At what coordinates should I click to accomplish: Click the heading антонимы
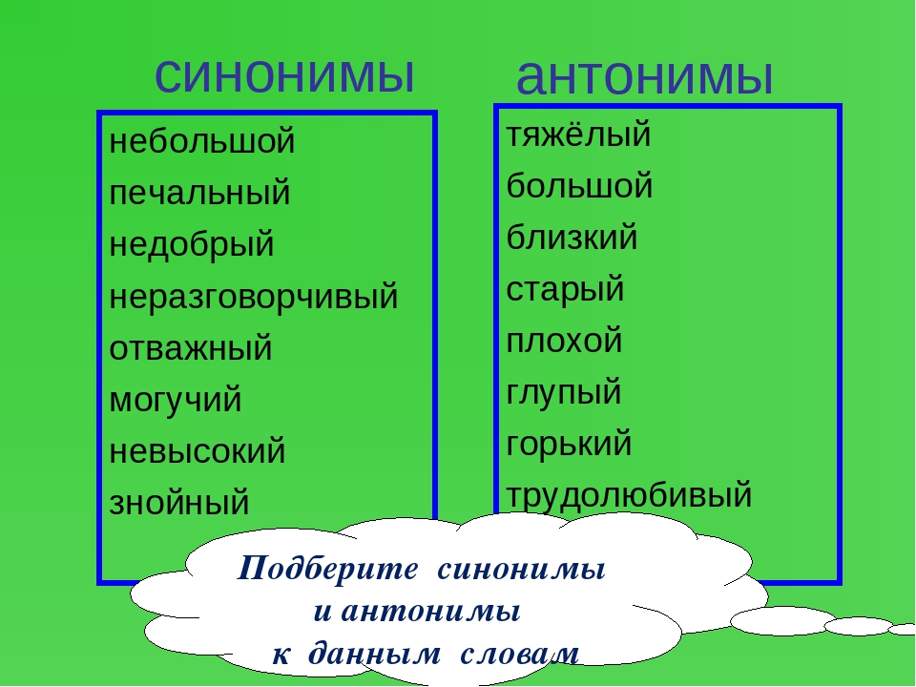tap(644, 76)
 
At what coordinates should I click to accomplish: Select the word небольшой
tap(202, 141)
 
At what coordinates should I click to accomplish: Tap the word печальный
tap(199, 194)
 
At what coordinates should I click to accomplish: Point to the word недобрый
tap(192, 244)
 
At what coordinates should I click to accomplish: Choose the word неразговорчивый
tap(254, 297)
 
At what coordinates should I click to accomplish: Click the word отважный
tap(191, 348)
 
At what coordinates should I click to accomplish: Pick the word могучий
tap(176, 401)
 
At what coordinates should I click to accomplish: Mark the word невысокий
tap(198, 451)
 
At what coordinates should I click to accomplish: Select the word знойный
tap(179, 503)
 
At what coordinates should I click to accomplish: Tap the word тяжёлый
tap(578, 134)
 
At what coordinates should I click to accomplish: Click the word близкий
tap(572, 238)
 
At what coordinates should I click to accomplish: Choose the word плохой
tap(564, 341)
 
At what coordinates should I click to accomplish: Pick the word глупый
tap(563, 392)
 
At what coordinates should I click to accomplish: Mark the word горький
tap(569, 444)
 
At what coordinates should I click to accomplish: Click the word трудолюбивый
tap(629, 495)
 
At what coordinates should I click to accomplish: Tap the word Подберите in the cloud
tap(327, 569)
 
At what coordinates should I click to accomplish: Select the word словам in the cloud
tap(519, 654)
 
